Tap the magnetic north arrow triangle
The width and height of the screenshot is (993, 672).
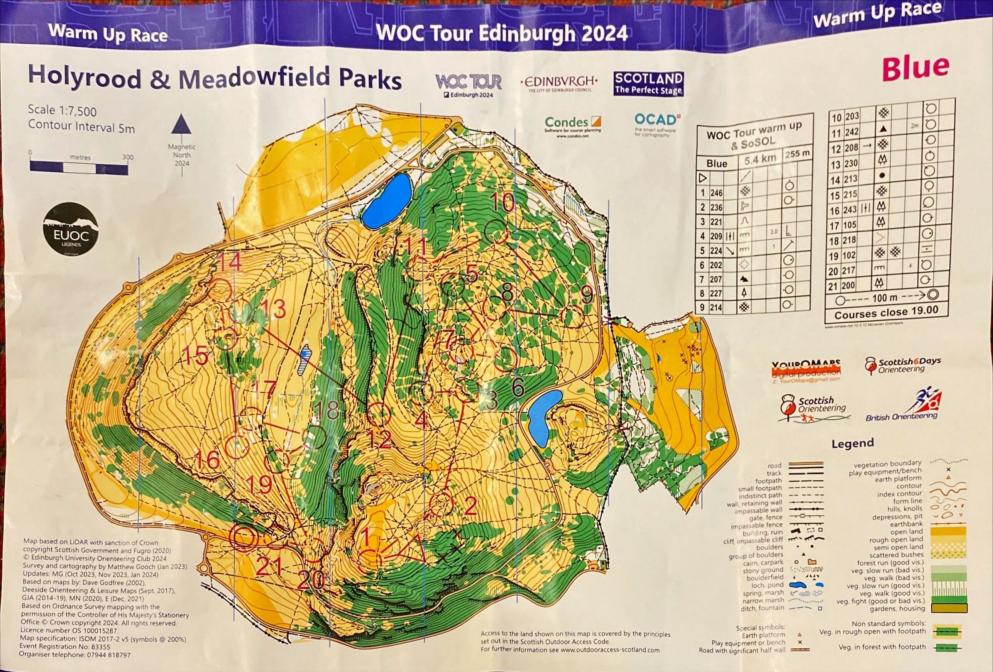pos(182,125)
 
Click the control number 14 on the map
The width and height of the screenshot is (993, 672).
pos(230,262)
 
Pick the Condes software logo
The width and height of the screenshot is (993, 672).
pos(573,125)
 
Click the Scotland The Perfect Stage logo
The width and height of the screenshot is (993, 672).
pos(648,84)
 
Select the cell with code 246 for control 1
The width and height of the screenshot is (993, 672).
pos(716,193)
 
